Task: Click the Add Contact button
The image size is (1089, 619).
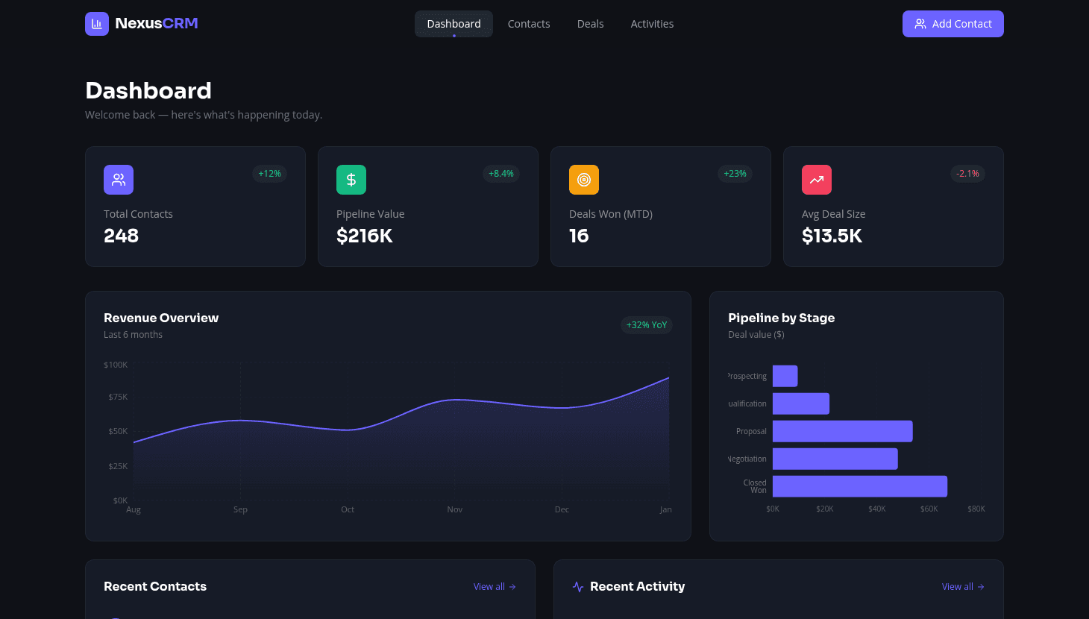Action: tap(953, 24)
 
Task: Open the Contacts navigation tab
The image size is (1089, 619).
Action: tap(529, 24)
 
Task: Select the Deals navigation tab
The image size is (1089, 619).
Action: tap(590, 24)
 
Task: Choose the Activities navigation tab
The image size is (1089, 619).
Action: tap(652, 24)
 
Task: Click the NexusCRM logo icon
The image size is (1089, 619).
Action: tap(97, 24)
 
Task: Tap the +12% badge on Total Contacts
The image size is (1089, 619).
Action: tap(269, 174)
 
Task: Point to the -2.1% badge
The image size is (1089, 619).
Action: tap(967, 174)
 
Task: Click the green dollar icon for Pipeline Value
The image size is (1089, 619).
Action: tap(351, 180)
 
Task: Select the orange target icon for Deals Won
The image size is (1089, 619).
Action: tap(584, 180)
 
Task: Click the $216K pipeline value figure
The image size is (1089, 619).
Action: tap(365, 236)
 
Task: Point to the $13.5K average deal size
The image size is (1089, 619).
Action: tap(832, 236)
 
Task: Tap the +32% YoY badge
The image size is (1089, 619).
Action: tap(647, 325)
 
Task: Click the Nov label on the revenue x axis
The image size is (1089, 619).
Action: tap(455, 509)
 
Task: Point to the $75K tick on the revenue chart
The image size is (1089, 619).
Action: tap(118, 397)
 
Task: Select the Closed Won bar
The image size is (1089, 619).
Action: tap(859, 486)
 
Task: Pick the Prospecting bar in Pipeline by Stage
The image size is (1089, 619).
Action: tap(785, 376)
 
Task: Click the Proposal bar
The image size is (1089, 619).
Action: tap(842, 431)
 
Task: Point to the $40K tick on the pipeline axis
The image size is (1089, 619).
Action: tap(877, 509)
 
